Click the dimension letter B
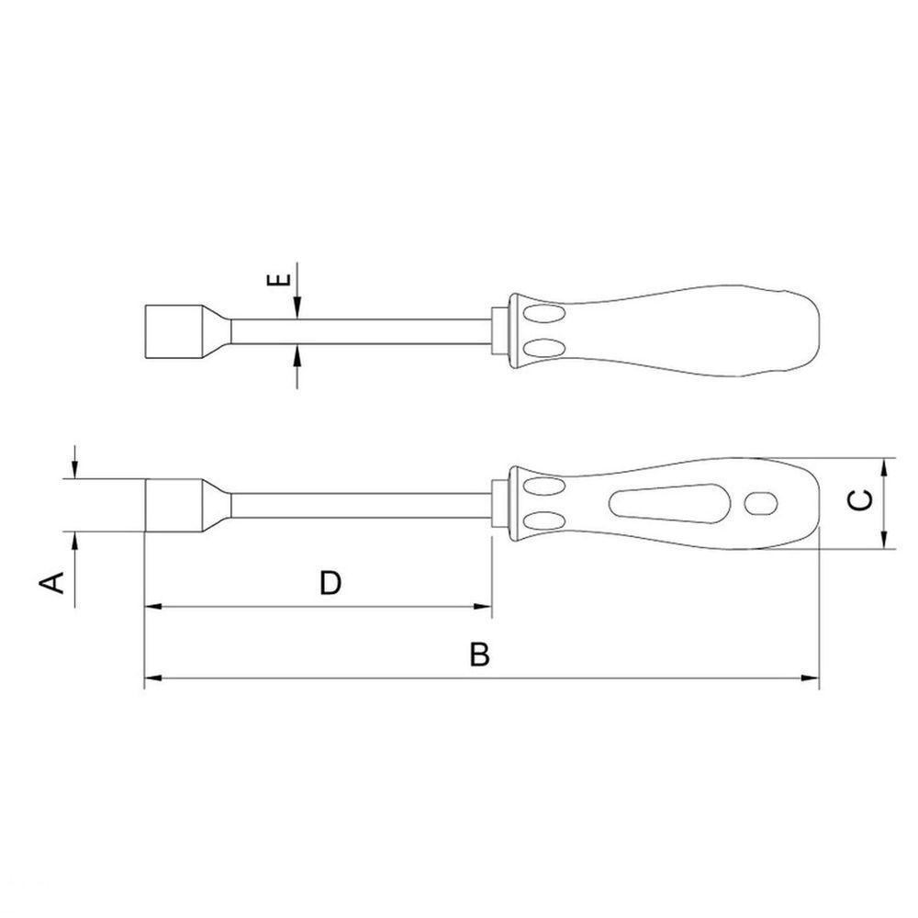[479, 655]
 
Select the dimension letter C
[861, 500]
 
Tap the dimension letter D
[330, 583]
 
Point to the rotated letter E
[279, 279]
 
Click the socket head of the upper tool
[174, 332]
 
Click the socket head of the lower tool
[174, 506]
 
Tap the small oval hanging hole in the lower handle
[760, 503]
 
